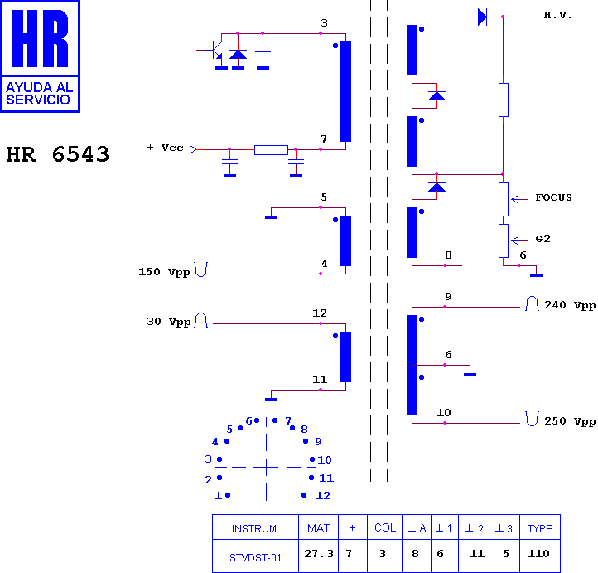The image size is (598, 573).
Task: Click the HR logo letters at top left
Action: (40, 38)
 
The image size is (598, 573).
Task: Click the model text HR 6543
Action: (58, 154)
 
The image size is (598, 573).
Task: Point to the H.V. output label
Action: (557, 15)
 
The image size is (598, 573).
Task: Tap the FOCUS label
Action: (553, 197)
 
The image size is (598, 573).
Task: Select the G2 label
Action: (543, 239)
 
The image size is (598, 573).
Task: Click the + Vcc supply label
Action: (165, 148)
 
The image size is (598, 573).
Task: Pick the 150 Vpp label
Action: (164, 272)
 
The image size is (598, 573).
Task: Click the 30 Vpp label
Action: (169, 322)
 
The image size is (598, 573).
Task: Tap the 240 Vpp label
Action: (570, 305)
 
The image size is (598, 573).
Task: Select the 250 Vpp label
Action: (570, 421)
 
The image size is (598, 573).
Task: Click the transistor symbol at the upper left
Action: (215, 50)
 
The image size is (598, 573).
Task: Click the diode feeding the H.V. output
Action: (482, 17)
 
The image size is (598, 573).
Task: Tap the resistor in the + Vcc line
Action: (271, 149)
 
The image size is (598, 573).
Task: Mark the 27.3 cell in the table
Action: (318, 554)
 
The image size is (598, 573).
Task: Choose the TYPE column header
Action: (540, 528)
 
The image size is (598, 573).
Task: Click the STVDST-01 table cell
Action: (255, 558)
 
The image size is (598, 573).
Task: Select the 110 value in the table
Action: (538, 554)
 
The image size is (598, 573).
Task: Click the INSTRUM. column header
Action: (255, 529)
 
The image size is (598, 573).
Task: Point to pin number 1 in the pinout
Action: (218, 496)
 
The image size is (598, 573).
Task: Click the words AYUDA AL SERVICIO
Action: (39, 94)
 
